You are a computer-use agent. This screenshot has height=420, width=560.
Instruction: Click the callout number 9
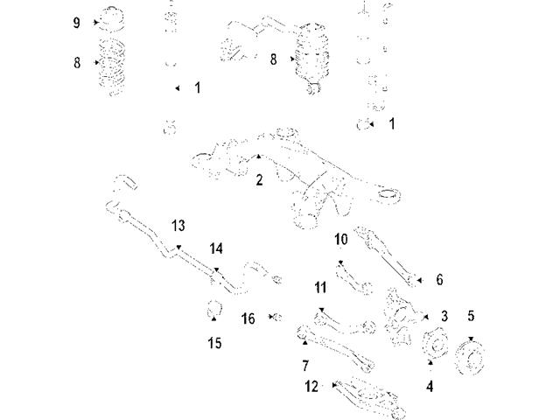[x=77, y=21]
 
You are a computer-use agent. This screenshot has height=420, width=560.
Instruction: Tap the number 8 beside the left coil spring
[x=77, y=62]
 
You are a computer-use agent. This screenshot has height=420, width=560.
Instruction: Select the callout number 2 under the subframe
[x=259, y=180]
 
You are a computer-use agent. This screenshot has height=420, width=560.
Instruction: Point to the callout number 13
[x=178, y=226]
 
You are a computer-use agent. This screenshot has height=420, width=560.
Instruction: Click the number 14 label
[x=216, y=248]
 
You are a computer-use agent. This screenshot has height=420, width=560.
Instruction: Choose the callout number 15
[x=214, y=343]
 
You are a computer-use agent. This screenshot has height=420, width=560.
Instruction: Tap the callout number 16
[x=248, y=318]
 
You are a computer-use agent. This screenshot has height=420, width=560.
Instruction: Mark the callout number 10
[x=341, y=239]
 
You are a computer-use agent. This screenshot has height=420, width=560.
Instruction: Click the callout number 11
[x=320, y=286]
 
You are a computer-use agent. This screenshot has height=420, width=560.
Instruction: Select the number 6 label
[x=439, y=279]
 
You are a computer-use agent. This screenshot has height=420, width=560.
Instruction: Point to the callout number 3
[x=444, y=315]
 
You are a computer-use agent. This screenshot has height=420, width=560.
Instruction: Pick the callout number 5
[x=471, y=315]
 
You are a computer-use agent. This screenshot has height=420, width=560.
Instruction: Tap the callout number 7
[x=305, y=363]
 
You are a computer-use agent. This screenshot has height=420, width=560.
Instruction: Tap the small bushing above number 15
[x=213, y=308]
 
